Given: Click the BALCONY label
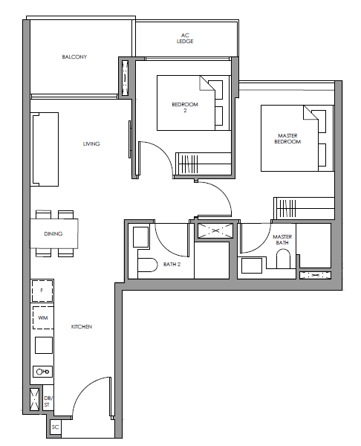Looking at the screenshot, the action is click(x=74, y=57).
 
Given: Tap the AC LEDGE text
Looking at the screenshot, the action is click(x=185, y=39).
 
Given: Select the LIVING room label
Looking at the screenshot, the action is click(x=91, y=144).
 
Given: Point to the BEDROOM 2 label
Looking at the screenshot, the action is click(x=185, y=108).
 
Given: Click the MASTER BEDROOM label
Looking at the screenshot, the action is click(x=287, y=139).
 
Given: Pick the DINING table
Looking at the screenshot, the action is click(x=54, y=233).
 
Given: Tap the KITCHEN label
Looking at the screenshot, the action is click(x=82, y=327).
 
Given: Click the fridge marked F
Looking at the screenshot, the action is click(x=42, y=291).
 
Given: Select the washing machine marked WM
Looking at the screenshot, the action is click(x=42, y=317).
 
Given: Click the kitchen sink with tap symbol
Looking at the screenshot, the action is click(x=42, y=372).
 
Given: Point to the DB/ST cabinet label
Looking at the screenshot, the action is click(x=47, y=401).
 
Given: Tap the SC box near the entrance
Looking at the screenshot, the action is click(x=56, y=427).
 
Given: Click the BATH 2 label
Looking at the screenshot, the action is click(x=172, y=265).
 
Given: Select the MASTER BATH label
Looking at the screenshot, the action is click(x=282, y=240).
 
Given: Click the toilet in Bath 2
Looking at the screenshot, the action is click(x=148, y=265).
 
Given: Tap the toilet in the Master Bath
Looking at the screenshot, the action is click(x=283, y=258).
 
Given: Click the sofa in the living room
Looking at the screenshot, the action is click(x=45, y=149).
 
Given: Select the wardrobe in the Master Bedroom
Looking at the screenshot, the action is click(x=304, y=208).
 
